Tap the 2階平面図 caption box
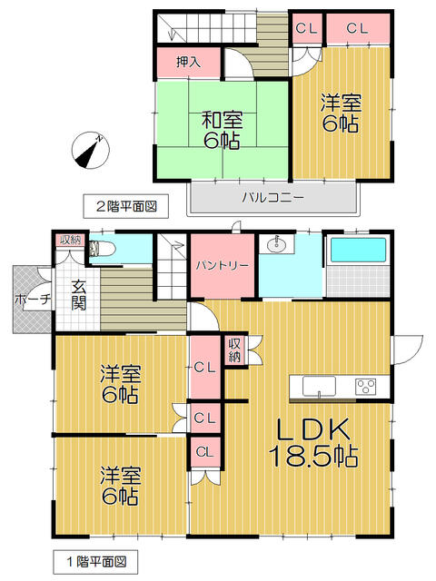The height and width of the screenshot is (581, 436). [120, 206]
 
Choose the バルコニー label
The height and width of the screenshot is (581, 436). [272, 197]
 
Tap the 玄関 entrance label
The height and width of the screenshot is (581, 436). [80, 294]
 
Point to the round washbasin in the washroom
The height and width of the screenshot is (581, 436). [276, 244]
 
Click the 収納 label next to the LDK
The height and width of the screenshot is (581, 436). [235, 350]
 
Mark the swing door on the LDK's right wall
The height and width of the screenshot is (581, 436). [407, 350]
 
